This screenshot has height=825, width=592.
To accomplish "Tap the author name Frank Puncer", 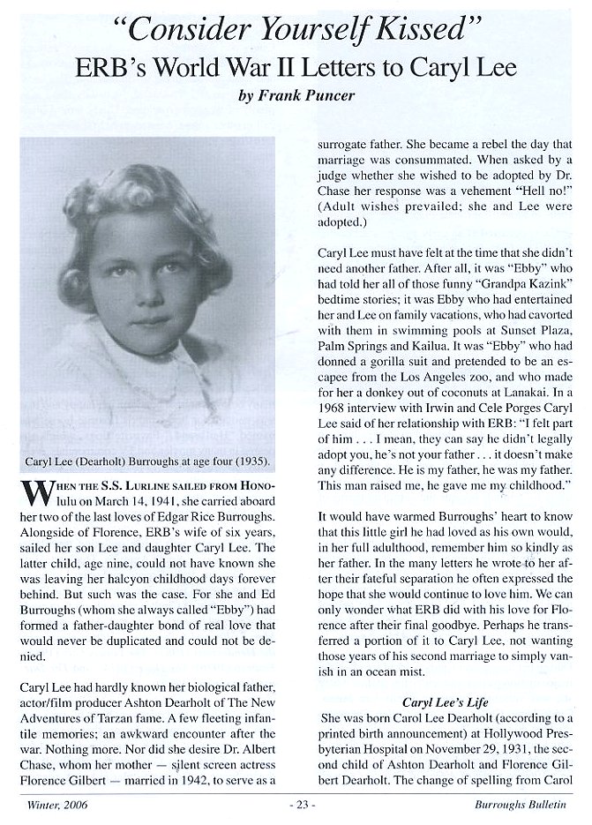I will point(307,96).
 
